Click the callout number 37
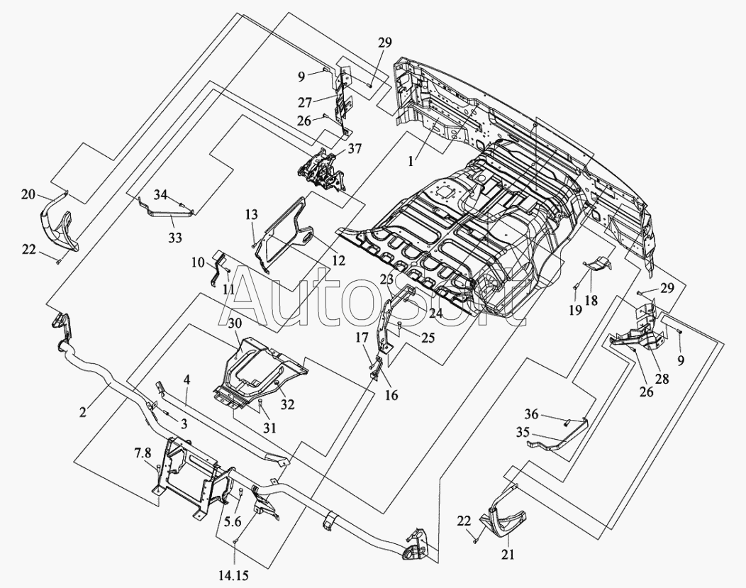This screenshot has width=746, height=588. pos(355,150)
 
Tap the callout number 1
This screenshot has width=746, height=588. pos(411,161)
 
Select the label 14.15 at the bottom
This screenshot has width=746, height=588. pos(233,576)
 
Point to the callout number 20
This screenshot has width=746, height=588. pos(28,194)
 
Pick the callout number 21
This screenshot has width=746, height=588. pos(508,554)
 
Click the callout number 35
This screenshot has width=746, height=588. pos(523,433)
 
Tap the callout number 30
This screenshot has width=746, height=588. pos(235,323)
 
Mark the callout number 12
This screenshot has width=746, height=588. pos(339,261)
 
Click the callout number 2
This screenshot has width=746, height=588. pos(83,412)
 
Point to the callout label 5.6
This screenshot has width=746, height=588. pos(233,521)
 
